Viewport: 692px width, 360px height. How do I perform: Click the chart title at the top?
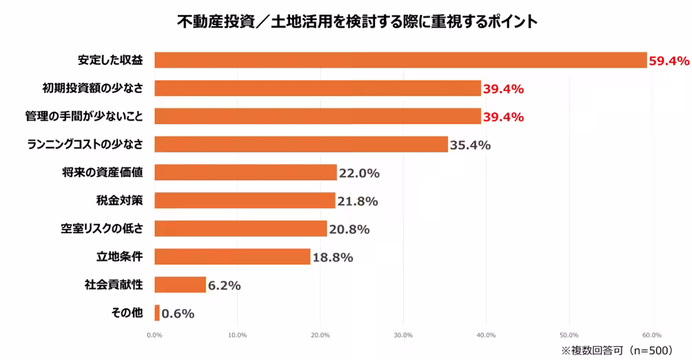[x=356, y=22]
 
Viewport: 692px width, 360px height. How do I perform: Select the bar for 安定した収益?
[x=400, y=60]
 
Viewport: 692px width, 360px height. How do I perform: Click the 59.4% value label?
[x=669, y=61]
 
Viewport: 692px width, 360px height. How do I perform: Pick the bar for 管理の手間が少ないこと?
[x=317, y=117]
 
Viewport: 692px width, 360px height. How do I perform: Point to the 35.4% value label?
[x=470, y=145]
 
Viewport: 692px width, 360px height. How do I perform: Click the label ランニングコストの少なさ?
[x=84, y=144]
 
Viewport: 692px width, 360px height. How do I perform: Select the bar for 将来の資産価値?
[x=245, y=172]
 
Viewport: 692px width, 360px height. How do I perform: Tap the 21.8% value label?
[x=358, y=201]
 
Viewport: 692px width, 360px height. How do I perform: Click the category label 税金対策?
[x=119, y=201]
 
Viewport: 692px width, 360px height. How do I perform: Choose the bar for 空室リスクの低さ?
[x=241, y=229]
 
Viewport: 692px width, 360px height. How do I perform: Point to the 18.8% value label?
[x=332, y=257]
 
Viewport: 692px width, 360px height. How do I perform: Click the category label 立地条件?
[x=119, y=257]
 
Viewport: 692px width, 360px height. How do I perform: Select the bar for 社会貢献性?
[x=180, y=285]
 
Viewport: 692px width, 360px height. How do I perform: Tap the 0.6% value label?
[x=178, y=314]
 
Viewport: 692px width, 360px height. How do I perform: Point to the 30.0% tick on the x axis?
[x=403, y=335]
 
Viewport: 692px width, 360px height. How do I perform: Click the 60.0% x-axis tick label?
[x=651, y=335]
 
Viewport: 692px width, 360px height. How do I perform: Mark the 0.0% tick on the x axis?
[x=154, y=335]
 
